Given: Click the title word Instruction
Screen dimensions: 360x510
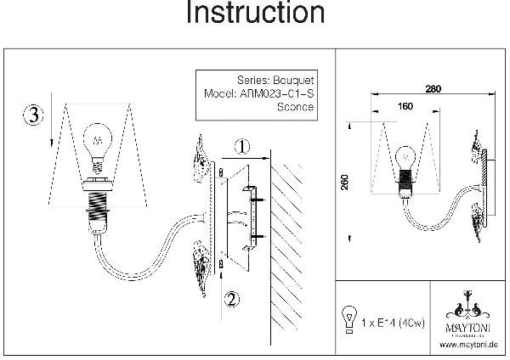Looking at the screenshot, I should click(255, 14).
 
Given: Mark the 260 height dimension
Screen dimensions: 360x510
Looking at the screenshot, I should click(345, 185).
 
